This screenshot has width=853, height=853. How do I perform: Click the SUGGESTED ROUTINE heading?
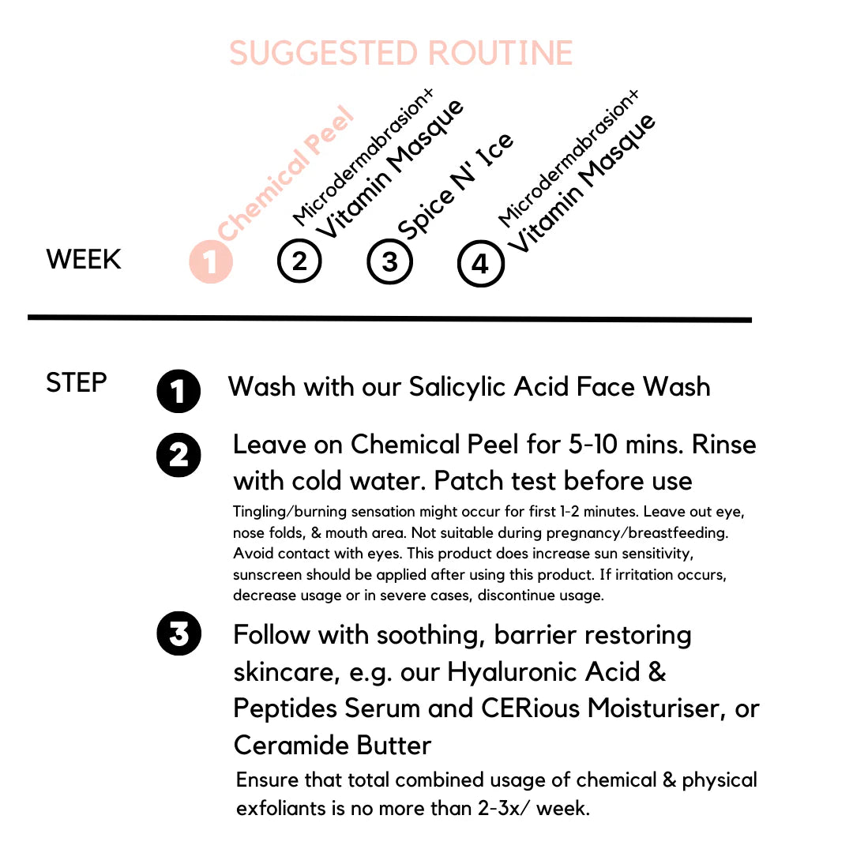point(400,54)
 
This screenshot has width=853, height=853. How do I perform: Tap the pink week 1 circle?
point(211,261)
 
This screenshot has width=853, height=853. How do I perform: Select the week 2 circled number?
point(300,261)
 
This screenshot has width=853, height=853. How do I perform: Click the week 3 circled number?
point(390,261)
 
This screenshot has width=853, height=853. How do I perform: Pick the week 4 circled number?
point(480,264)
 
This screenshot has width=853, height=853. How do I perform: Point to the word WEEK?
point(84,260)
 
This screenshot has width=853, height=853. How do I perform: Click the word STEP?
point(76,383)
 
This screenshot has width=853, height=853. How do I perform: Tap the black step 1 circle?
point(179,391)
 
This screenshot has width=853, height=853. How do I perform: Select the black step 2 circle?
point(179,456)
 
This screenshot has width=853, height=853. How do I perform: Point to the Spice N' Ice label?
point(455,186)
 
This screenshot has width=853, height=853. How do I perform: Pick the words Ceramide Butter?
point(333,746)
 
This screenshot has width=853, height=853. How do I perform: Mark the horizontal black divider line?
point(389,318)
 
